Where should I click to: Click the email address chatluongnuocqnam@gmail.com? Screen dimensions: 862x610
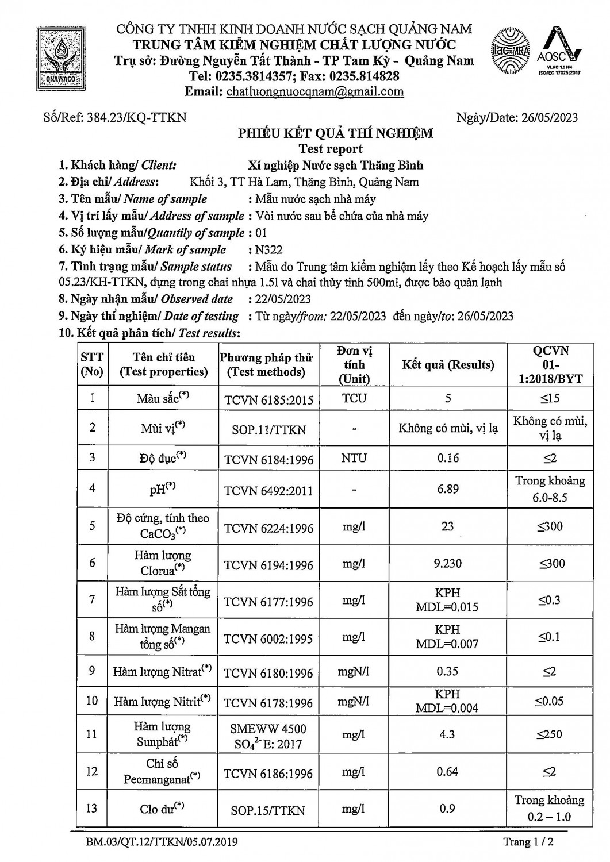pyautogui.click(x=315, y=91)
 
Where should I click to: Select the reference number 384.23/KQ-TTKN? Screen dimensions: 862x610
pyautogui.click(x=136, y=118)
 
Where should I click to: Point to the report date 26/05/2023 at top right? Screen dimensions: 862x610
pyautogui.click(x=550, y=118)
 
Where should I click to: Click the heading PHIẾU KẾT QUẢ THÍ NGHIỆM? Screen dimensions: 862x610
pyautogui.click(x=336, y=134)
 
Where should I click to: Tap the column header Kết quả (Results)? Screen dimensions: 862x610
pyautogui.click(x=448, y=364)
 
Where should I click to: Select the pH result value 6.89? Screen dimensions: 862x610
pyautogui.click(x=448, y=488)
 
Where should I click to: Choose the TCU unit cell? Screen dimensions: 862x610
pyautogui.click(x=354, y=398)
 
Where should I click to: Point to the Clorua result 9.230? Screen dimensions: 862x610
pyautogui.click(x=448, y=564)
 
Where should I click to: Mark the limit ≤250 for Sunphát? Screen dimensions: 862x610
pyautogui.click(x=550, y=734)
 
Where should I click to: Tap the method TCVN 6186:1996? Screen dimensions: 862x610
pyautogui.click(x=268, y=774)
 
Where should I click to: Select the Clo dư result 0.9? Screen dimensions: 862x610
pyautogui.click(x=448, y=809)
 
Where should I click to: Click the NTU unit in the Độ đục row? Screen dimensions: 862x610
pyautogui.click(x=354, y=458)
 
